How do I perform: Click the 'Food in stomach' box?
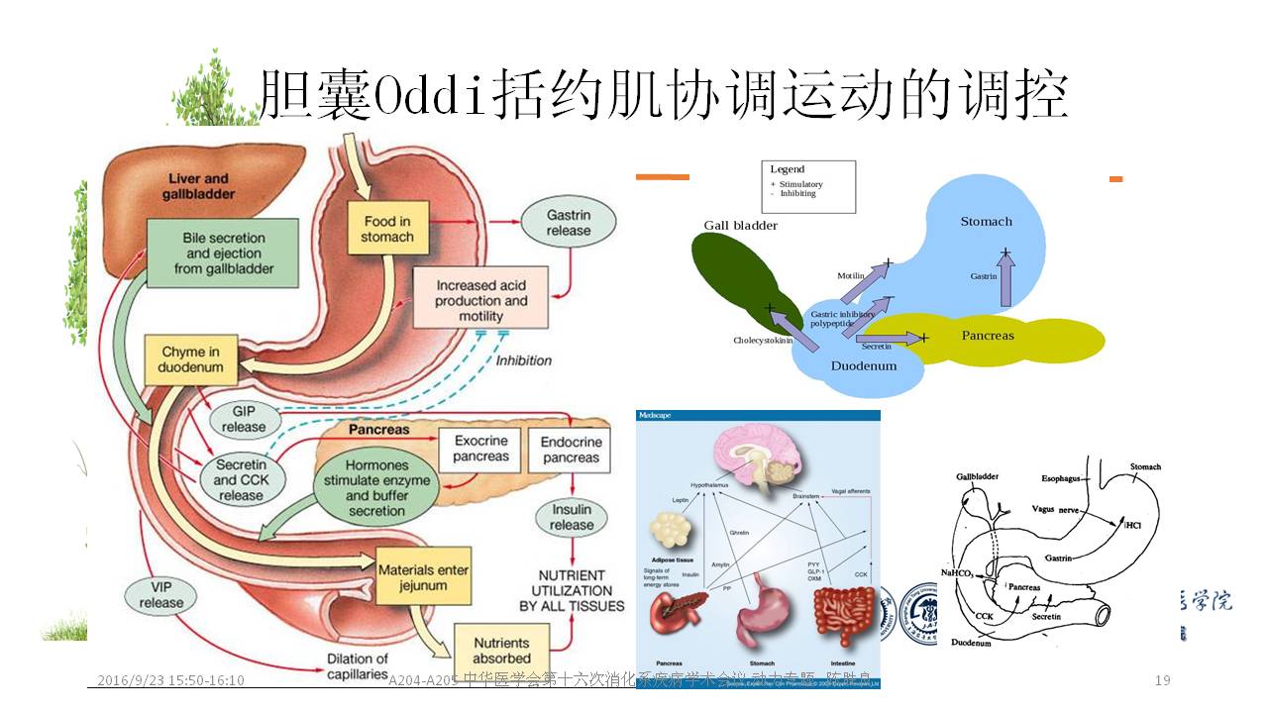click(387, 229)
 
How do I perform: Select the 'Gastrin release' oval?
click(569, 223)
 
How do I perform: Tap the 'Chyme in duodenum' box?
click(191, 359)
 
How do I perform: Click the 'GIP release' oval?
click(244, 419)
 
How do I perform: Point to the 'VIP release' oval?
click(161, 594)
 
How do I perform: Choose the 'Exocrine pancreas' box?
click(480, 449)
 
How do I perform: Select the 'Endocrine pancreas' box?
click(570, 450)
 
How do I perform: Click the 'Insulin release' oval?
click(572, 517)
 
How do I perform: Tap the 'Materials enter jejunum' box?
click(413, 577)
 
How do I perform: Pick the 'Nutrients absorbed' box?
click(501, 650)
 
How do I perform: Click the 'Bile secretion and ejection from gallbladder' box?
click(223, 253)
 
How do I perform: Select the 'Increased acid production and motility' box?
click(481, 300)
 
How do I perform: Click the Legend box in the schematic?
click(807, 186)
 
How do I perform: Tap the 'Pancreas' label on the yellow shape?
click(988, 336)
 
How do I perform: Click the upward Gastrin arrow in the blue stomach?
click(1006, 276)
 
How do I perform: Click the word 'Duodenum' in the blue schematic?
click(863, 365)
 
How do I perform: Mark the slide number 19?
click(1163, 680)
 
